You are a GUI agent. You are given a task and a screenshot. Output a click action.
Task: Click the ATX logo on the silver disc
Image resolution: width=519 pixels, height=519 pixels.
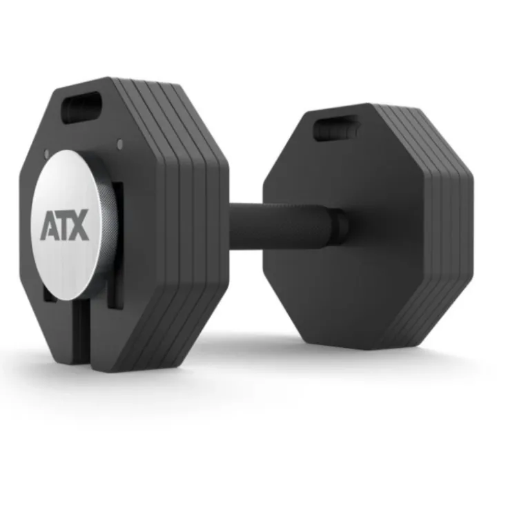pyautogui.click(x=65, y=225)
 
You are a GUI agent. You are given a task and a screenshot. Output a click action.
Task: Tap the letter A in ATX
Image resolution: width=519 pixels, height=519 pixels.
pyautogui.click(x=48, y=225)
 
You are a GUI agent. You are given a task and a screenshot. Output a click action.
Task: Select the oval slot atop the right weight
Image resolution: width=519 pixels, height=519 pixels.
pyautogui.click(x=336, y=128)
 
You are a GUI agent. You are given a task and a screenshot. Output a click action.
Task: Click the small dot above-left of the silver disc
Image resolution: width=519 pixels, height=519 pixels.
pyautogui.click(x=46, y=153)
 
